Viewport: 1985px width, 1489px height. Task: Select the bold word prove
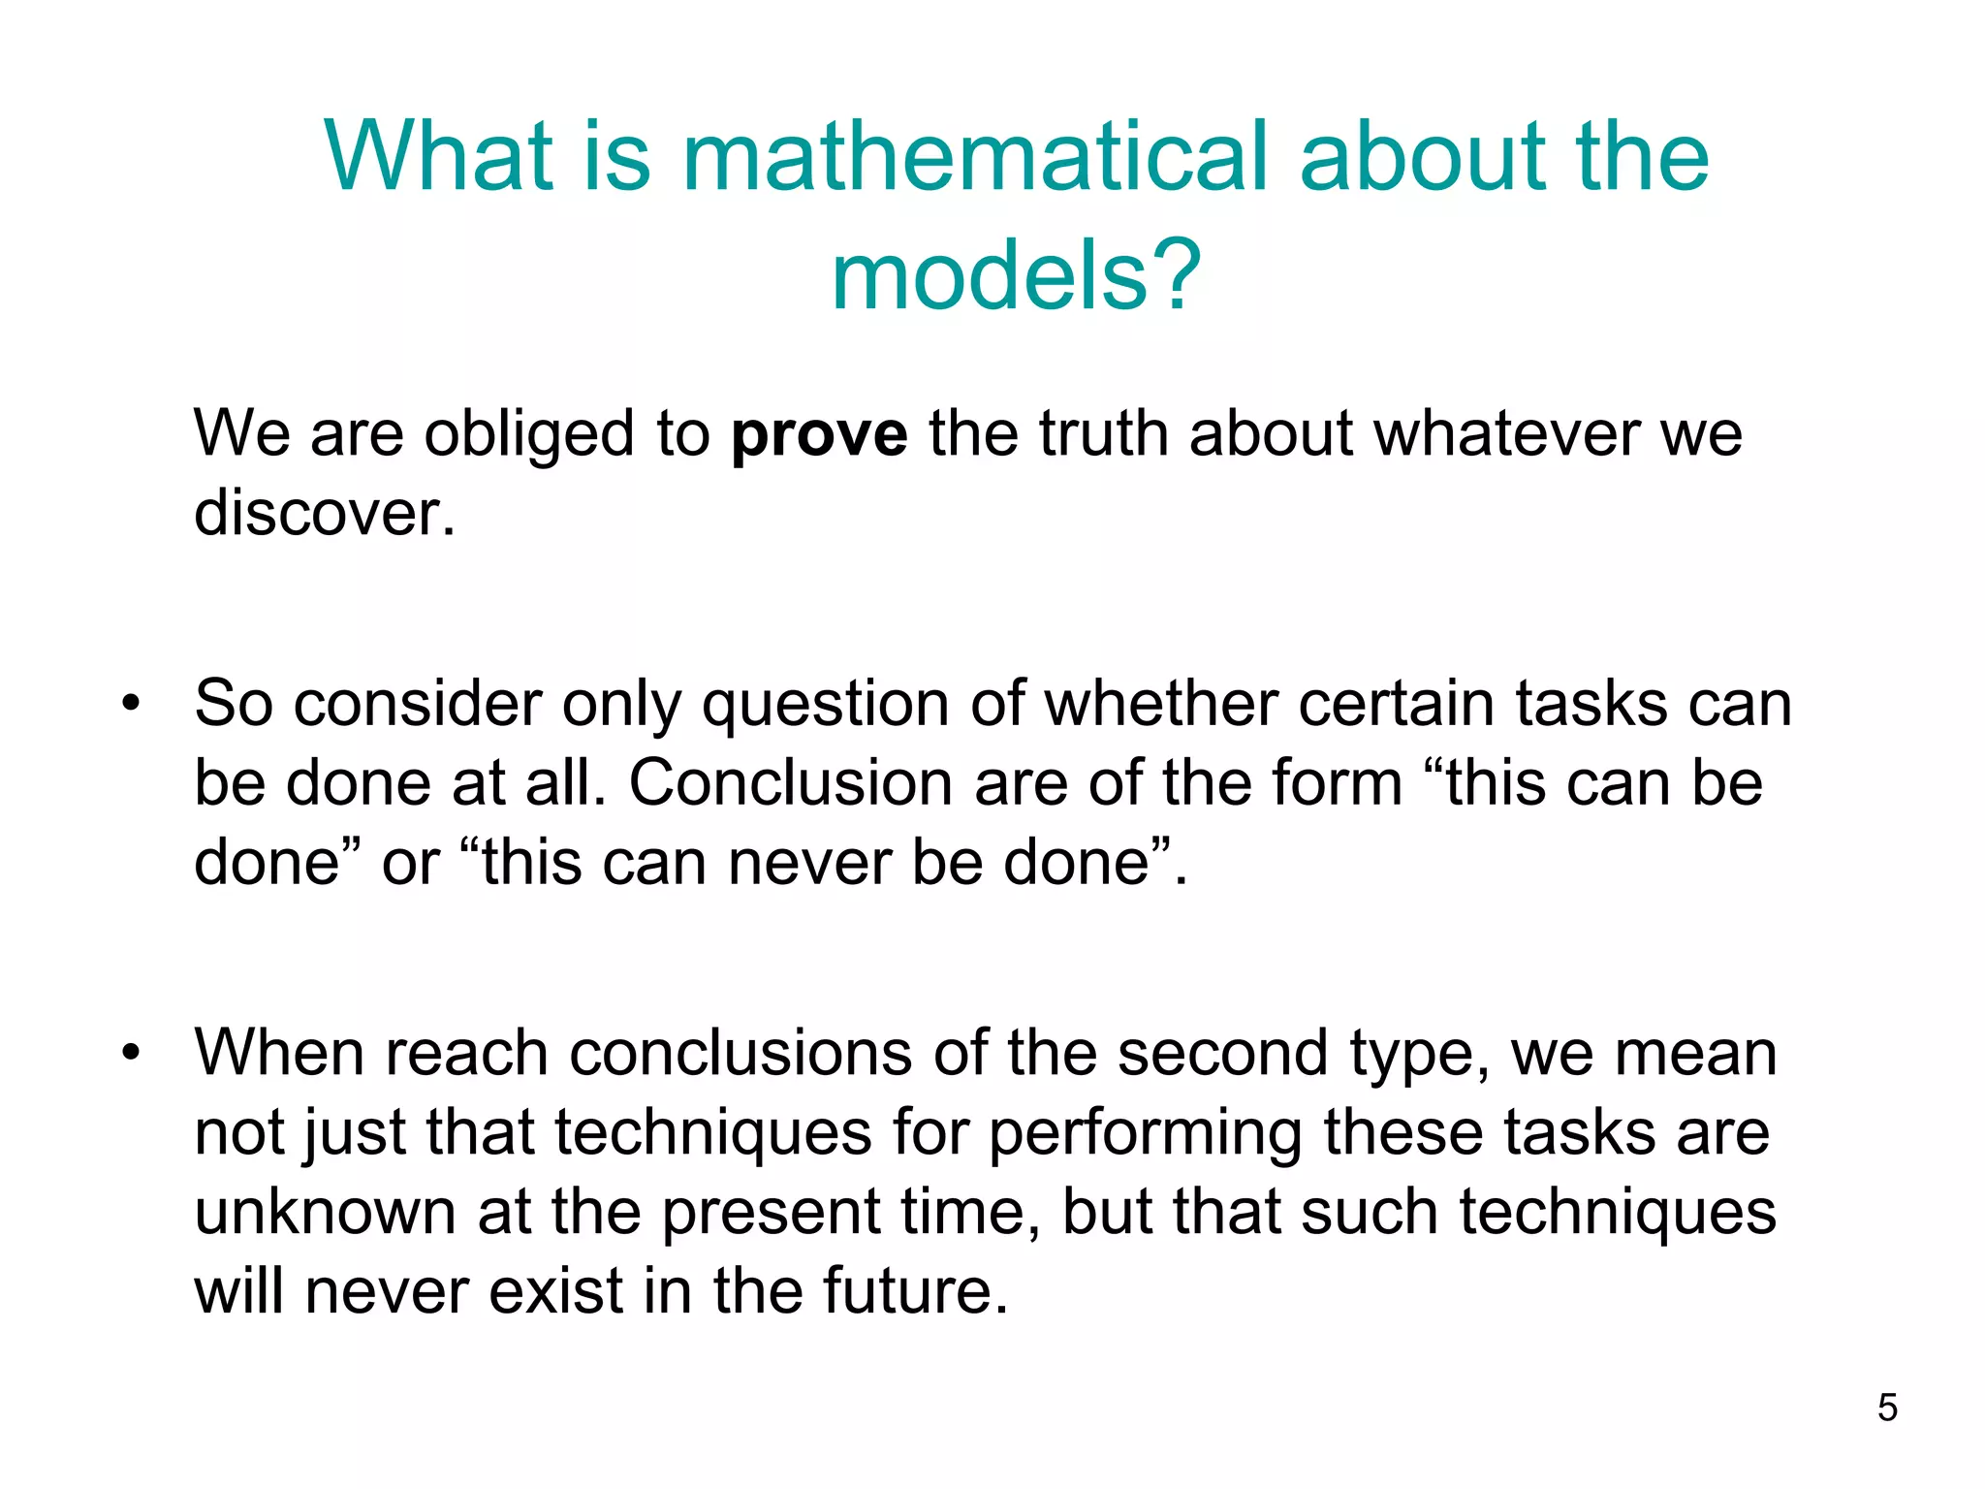(819, 433)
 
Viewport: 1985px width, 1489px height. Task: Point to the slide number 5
(1886, 1408)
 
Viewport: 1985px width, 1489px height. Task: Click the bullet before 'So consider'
(131, 703)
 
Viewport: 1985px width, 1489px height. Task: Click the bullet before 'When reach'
(131, 1052)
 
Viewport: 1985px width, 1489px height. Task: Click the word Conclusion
(791, 782)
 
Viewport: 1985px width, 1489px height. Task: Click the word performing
(1145, 1133)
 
